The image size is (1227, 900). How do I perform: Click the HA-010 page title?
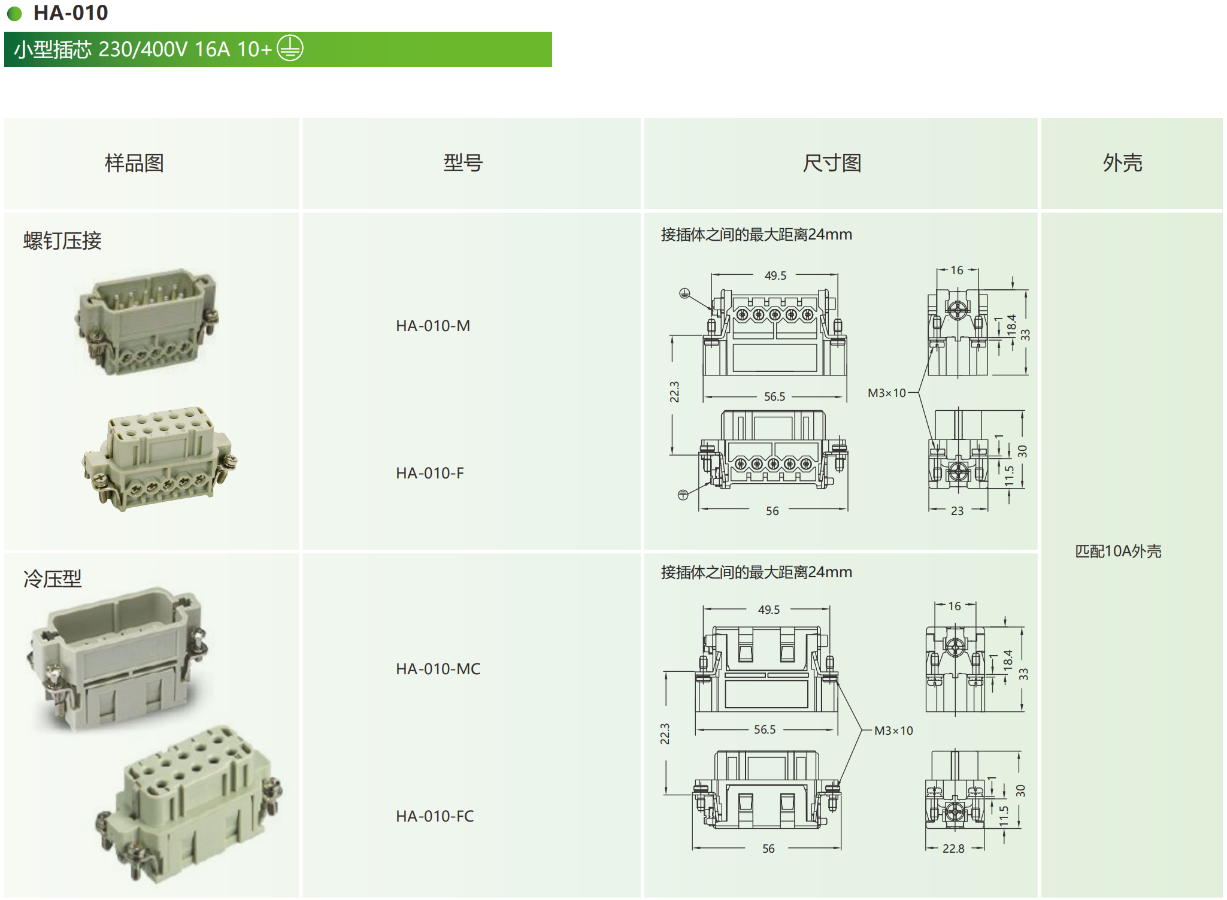click(x=70, y=13)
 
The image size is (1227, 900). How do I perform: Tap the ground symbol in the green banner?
click(x=290, y=49)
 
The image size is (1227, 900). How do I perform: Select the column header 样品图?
click(x=134, y=163)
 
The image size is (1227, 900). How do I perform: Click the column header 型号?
click(x=463, y=163)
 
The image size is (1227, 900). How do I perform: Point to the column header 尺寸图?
click(x=832, y=163)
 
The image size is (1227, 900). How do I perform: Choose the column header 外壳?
click(x=1122, y=163)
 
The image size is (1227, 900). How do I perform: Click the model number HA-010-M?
click(x=433, y=326)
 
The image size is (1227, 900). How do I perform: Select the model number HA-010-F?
click(x=430, y=473)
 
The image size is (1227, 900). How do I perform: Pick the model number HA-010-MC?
click(x=438, y=669)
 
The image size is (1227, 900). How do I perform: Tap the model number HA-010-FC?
click(x=435, y=816)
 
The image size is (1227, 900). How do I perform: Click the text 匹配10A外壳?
click(x=1118, y=551)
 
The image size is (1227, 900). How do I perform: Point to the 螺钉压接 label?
click(x=62, y=241)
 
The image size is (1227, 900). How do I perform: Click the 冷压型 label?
click(x=52, y=578)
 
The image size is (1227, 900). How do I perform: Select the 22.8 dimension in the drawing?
click(x=953, y=849)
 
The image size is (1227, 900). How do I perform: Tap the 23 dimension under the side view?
click(x=957, y=511)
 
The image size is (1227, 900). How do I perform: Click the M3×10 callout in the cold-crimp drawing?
click(x=893, y=731)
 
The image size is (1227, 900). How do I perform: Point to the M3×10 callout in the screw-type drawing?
click(x=887, y=393)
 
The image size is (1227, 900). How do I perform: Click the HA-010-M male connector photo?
click(x=147, y=322)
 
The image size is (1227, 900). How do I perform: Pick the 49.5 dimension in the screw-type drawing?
click(x=775, y=275)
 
